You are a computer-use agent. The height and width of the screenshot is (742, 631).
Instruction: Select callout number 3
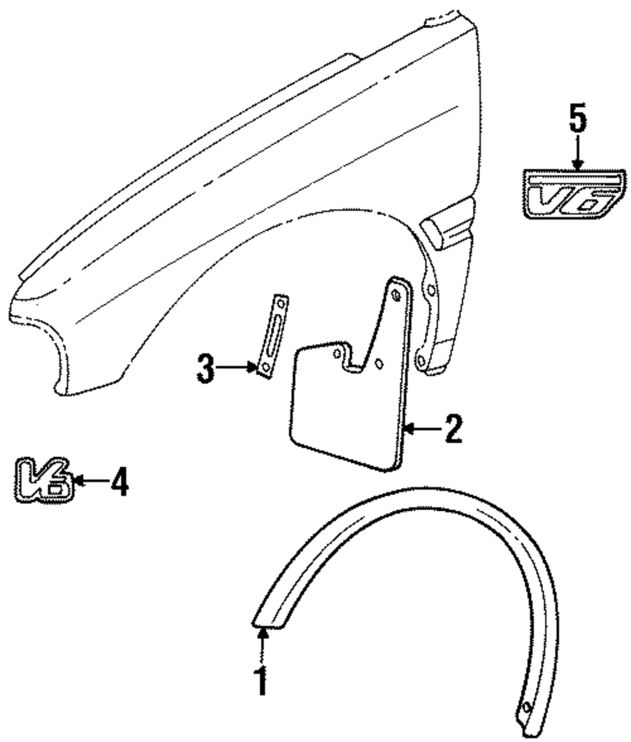[205, 369]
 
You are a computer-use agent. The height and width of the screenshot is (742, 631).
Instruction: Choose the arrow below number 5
[577, 154]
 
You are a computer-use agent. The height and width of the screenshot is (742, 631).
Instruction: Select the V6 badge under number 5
[572, 195]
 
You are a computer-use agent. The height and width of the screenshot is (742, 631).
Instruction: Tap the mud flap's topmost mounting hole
[396, 295]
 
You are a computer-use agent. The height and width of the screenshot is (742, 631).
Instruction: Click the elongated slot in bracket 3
[272, 337]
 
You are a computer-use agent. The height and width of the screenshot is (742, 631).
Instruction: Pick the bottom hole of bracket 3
[265, 367]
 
